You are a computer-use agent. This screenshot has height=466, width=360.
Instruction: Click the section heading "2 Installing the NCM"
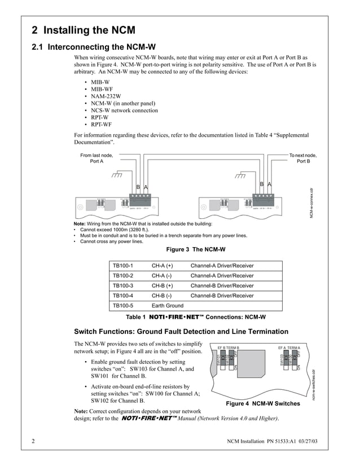coord(83,30)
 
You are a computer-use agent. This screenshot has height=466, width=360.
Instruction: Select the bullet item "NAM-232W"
coord(106,96)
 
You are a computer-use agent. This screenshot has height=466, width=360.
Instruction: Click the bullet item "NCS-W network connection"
coord(124,111)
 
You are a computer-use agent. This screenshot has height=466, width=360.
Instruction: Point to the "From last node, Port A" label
coord(96,158)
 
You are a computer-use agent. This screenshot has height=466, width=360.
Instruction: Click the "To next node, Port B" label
coord(303,158)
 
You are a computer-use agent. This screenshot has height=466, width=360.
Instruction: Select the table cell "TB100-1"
coord(123,265)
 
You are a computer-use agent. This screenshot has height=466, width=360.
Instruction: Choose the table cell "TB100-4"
coord(123,296)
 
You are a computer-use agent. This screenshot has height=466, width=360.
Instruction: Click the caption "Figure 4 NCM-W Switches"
coord(263,403)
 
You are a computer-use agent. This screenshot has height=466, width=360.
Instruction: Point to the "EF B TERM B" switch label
coord(229,348)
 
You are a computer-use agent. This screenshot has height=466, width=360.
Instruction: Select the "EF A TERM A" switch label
coord(289,348)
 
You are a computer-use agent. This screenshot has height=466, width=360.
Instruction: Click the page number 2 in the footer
coord(33,440)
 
